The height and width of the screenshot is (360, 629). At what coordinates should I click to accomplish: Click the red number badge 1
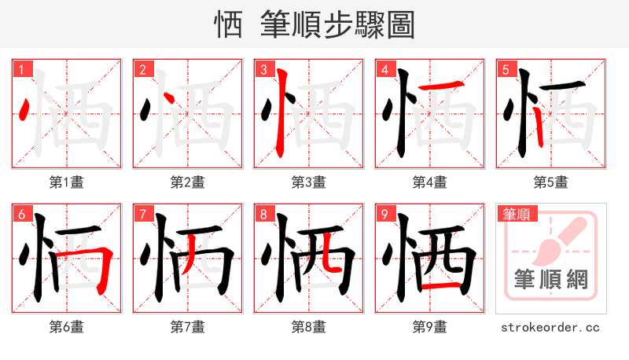[x=21, y=70]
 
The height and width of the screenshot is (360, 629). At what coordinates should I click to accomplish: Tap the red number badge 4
[x=384, y=70]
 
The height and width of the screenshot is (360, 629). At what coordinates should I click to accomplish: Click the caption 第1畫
[x=66, y=182]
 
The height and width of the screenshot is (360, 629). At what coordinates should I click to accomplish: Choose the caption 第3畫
[x=308, y=182]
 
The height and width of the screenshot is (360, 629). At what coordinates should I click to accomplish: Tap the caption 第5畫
[x=550, y=182]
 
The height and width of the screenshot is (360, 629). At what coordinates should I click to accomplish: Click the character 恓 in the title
[x=228, y=27]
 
